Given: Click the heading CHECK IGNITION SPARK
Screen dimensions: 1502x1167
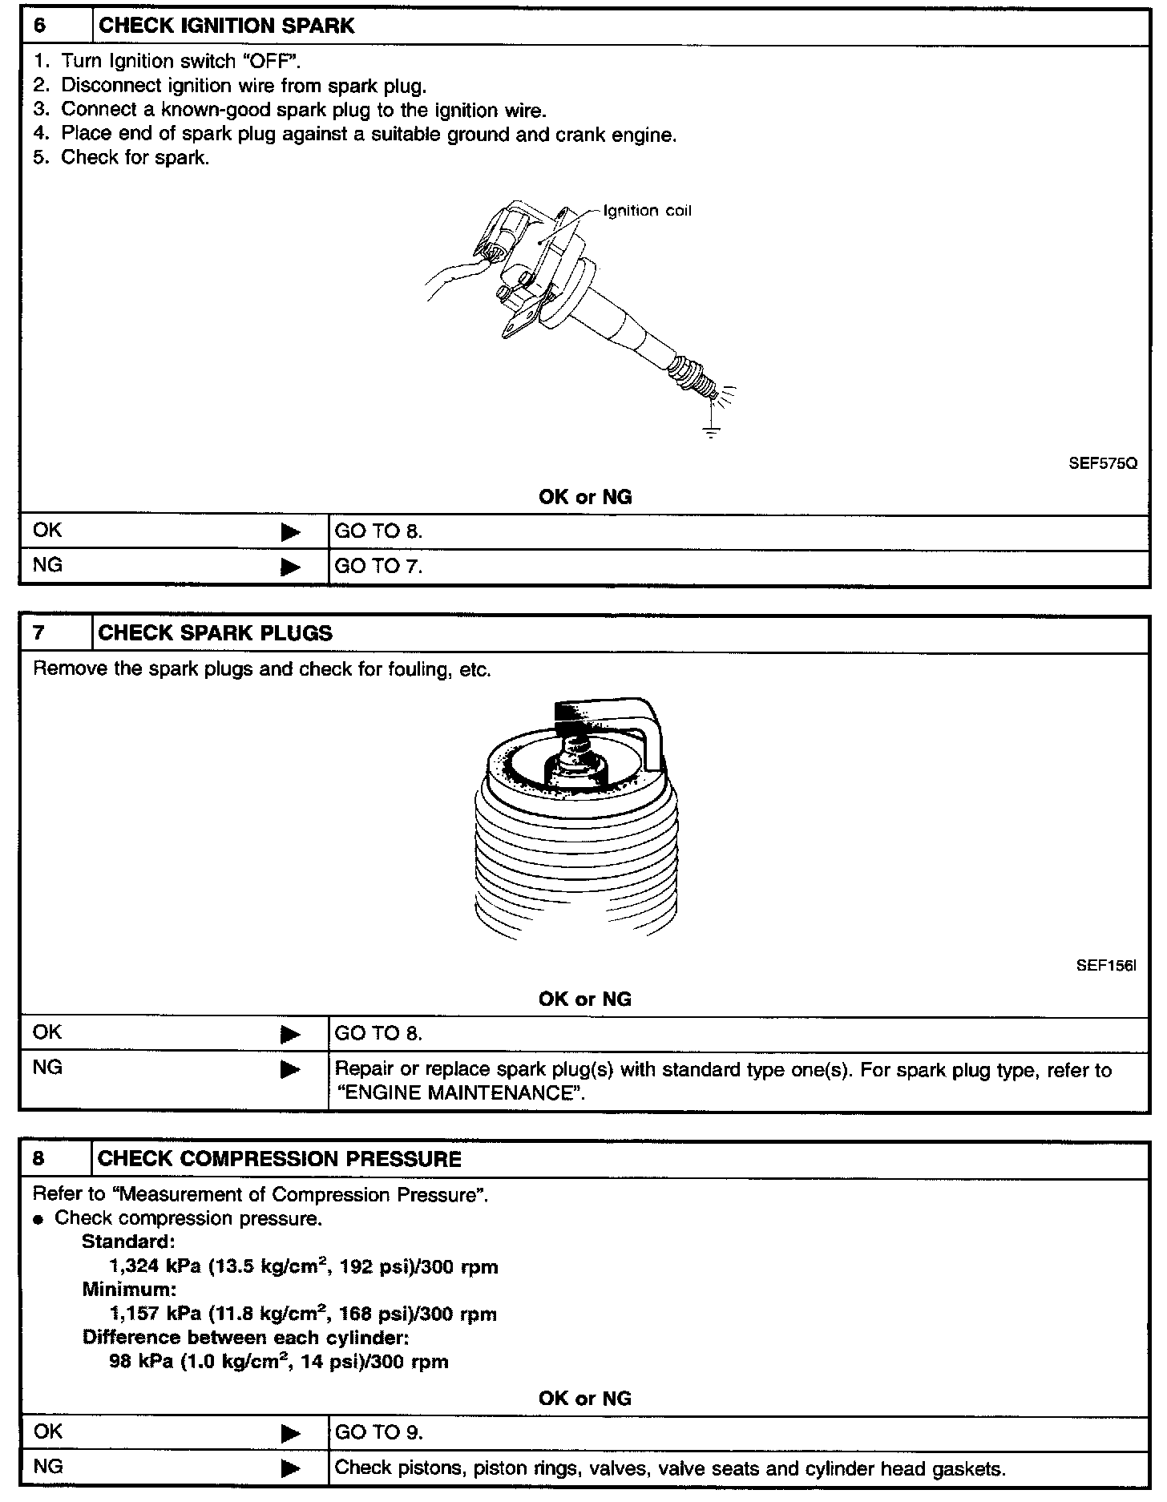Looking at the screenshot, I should [226, 26].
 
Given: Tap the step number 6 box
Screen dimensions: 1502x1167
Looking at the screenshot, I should [55, 26].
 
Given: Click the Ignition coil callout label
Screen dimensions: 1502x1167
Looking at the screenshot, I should [647, 212].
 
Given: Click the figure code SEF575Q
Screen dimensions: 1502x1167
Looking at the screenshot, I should [1102, 464].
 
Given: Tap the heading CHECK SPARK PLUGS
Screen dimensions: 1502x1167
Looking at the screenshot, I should [215, 633].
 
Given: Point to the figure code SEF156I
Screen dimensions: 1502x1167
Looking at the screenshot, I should [1105, 966].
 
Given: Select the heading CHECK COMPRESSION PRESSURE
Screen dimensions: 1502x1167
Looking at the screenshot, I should [280, 1159].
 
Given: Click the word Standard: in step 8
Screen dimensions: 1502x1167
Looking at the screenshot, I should [127, 1242].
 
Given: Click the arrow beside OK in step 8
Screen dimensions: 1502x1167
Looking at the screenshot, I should [290, 1433].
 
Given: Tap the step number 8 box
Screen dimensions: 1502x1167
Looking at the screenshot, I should [55, 1159].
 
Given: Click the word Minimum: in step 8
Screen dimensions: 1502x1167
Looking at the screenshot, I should [128, 1290].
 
